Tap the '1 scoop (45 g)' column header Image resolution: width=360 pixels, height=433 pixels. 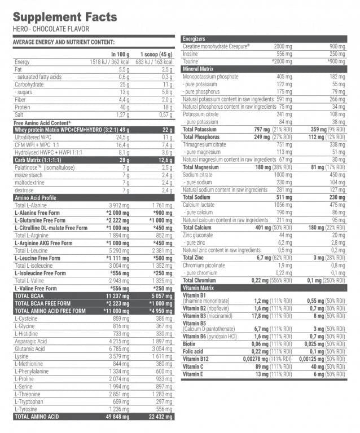pos(156,54)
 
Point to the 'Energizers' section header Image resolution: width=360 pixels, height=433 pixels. pos(195,38)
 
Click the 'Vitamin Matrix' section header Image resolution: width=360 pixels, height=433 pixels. pos(199,288)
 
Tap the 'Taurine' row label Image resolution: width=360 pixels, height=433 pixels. pos(191,61)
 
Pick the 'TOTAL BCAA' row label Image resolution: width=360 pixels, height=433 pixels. pos(30,295)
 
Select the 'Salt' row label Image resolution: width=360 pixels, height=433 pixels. pos(20,114)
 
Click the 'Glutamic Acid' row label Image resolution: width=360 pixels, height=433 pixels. pos(32,348)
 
